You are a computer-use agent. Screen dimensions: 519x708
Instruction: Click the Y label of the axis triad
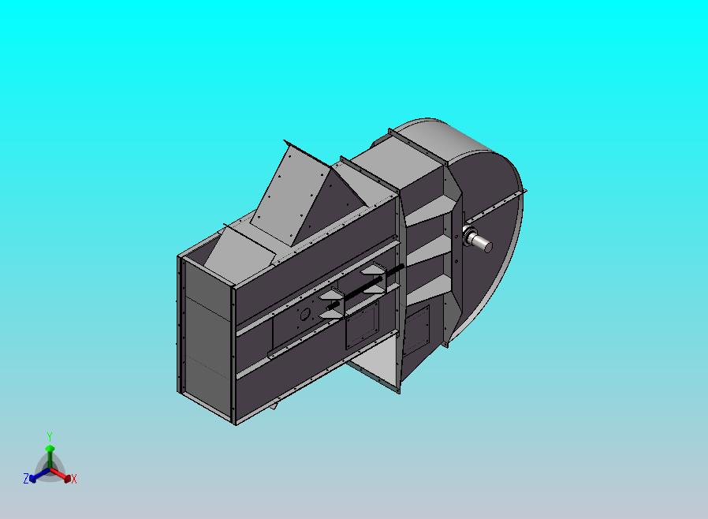click(x=49, y=436)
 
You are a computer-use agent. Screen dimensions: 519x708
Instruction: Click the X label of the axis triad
click(x=74, y=479)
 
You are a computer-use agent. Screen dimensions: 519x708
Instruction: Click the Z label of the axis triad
click(x=26, y=479)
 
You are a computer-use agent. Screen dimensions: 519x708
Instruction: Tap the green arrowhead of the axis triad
click(x=49, y=449)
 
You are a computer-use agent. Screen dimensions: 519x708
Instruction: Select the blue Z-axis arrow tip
click(x=34, y=476)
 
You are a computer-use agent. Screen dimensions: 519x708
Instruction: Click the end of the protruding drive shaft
click(x=486, y=247)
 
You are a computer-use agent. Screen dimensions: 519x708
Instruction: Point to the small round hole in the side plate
click(x=304, y=313)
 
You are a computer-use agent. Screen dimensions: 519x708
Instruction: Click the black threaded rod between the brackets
click(x=367, y=288)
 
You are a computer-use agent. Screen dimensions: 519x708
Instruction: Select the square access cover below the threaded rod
click(x=361, y=327)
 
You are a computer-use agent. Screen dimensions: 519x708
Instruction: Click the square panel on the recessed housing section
click(x=416, y=329)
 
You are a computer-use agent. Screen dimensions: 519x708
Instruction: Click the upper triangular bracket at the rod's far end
click(x=374, y=271)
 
